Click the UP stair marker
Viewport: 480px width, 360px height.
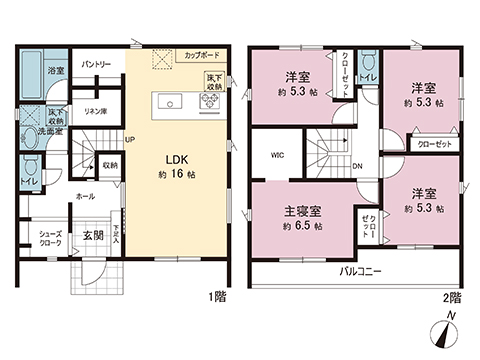tap(130, 139)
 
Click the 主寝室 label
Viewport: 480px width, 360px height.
tap(302, 212)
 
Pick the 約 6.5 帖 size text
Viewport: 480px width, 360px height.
tap(302, 226)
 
